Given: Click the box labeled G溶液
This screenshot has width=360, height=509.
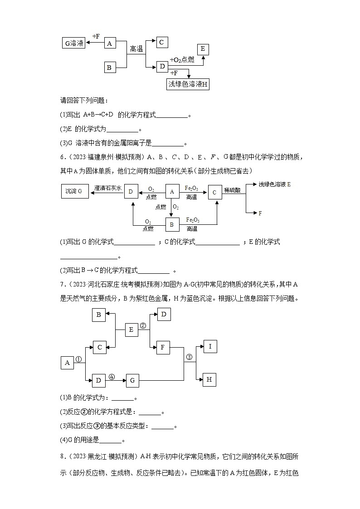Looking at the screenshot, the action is pyautogui.click(x=73, y=43).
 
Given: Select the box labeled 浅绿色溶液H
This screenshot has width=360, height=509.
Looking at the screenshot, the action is pyautogui.click(x=188, y=84).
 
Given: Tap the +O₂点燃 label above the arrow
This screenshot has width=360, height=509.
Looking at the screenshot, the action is pyautogui.click(x=182, y=60).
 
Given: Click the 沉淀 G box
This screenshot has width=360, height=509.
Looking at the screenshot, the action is pyautogui.click(x=74, y=191).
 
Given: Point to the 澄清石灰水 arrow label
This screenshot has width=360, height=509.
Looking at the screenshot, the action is pyautogui.click(x=108, y=187).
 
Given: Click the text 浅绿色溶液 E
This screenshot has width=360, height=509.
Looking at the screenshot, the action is pyautogui.click(x=275, y=184).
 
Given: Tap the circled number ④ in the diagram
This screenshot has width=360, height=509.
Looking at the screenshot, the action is pyautogui.click(x=112, y=376).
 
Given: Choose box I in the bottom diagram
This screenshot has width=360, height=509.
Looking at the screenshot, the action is pyautogui.click(x=209, y=347).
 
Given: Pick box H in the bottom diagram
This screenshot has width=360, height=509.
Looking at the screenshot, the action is pyautogui.click(x=209, y=379).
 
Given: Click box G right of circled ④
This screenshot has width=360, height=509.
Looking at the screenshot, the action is pyautogui.click(x=132, y=381).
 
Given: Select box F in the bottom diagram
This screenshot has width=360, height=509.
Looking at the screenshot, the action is pyautogui.click(x=163, y=348).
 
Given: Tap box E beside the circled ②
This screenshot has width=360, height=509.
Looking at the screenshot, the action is pyautogui.click(x=131, y=330).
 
